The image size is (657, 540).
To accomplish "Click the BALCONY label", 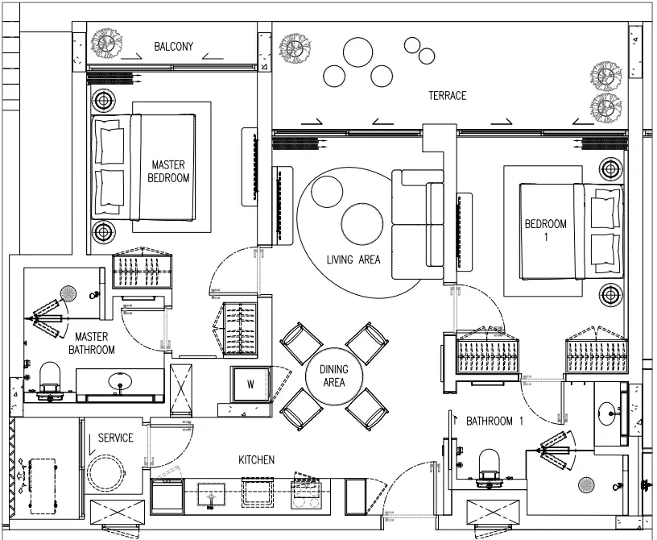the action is tap(173, 46).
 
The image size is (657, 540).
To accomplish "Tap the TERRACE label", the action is tap(447, 96).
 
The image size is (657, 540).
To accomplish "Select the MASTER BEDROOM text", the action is tap(168, 171).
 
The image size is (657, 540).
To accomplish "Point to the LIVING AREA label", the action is tap(353, 260).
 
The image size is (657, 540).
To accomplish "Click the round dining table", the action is tap(334, 376).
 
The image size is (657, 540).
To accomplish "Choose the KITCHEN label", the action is tap(256, 460).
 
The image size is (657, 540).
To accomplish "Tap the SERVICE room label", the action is tap(115, 438).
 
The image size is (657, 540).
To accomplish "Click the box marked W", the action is tap(250, 384).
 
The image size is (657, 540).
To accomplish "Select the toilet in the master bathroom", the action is tap(48, 378).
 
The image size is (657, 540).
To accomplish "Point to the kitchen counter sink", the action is tap(212, 496).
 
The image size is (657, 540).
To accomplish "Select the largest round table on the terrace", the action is tap(357, 52).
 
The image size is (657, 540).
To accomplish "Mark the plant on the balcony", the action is tap(108, 44).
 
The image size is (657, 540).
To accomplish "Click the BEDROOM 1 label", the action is tap(546, 230).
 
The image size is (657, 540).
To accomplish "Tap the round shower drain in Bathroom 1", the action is tap(587, 485).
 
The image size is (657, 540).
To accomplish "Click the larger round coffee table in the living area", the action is tap(362, 223).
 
